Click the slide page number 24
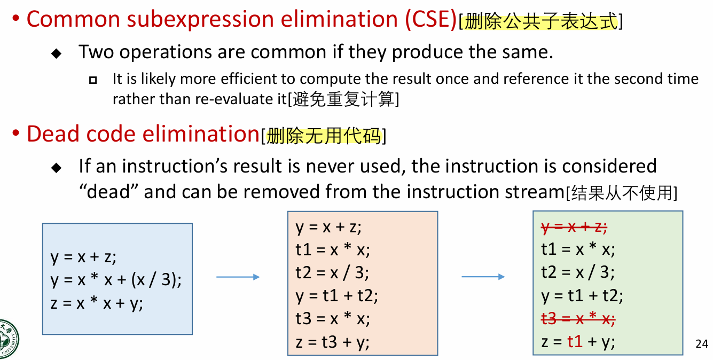[x=702, y=344]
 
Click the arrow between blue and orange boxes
[x=238, y=277]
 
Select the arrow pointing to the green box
[x=483, y=277]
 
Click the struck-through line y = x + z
[x=574, y=228]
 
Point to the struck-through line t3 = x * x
[x=578, y=319]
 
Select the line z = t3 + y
[x=332, y=342]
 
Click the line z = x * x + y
[x=97, y=303]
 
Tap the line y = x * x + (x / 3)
[x=116, y=279]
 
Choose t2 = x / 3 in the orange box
[x=332, y=273]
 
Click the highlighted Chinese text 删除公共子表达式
[x=540, y=22]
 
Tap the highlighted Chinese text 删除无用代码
[x=324, y=137]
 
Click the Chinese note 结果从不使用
[x=621, y=193]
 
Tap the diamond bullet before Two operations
[x=56, y=53]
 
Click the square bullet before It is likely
[x=93, y=80]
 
